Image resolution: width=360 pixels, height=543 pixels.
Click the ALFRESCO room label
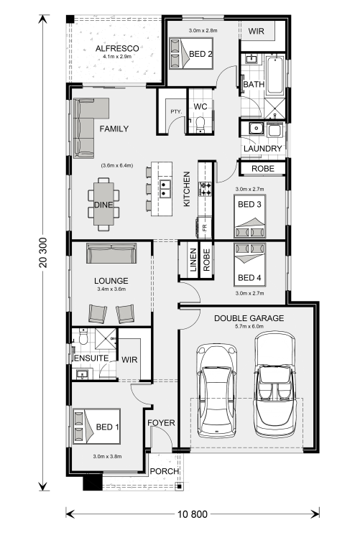(x=117, y=49)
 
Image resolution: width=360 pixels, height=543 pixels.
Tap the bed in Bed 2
(x=191, y=53)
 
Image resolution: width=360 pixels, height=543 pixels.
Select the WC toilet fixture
(x=200, y=125)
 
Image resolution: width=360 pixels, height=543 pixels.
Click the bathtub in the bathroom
(x=274, y=75)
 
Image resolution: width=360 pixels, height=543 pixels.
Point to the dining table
(x=103, y=204)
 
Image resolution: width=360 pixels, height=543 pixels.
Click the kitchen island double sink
(x=165, y=188)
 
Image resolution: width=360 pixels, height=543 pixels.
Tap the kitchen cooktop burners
(x=205, y=190)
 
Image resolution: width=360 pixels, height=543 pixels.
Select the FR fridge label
(x=204, y=228)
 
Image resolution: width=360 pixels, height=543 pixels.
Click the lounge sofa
(x=111, y=253)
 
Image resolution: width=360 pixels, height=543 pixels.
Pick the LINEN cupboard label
(x=193, y=260)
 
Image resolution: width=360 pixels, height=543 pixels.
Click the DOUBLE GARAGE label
(x=249, y=318)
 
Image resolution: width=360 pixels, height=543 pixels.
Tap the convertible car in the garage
(x=275, y=384)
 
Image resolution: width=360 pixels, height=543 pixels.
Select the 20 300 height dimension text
(x=43, y=252)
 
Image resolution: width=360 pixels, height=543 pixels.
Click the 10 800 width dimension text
(x=193, y=514)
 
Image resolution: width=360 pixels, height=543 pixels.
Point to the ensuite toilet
(x=83, y=337)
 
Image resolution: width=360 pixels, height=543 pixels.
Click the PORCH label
(x=165, y=471)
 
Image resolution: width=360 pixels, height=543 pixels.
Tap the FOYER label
(x=161, y=423)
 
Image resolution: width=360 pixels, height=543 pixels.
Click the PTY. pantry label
(x=176, y=111)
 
